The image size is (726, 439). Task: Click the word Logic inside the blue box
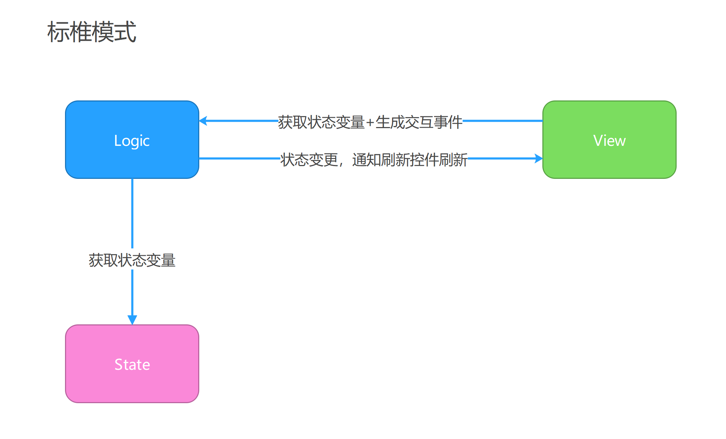click(132, 141)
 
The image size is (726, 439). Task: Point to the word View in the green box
click(609, 141)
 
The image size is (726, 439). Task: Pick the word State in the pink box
click(132, 364)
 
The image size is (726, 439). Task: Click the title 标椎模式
click(92, 32)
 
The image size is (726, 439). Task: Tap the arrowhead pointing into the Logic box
click(203, 121)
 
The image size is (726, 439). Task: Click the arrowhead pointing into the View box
click(538, 158)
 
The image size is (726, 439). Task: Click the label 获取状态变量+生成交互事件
click(370, 122)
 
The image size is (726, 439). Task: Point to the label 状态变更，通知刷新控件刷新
click(374, 160)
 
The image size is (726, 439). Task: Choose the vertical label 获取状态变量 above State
click(132, 260)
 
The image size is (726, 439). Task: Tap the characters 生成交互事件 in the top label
click(419, 122)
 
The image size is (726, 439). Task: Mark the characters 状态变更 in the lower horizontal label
click(309, 160)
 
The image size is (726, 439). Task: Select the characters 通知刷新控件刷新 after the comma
click(410, 160)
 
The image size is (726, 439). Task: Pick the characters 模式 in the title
click(114, 32)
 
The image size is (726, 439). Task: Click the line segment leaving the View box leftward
click(503, 121)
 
